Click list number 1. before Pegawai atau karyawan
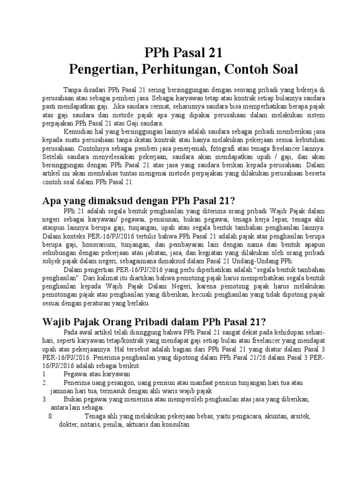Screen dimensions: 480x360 click(x=45, y=374)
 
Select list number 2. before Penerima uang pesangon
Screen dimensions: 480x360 click(x=45, y=383)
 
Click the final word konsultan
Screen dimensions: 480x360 click(x=174, y=425)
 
